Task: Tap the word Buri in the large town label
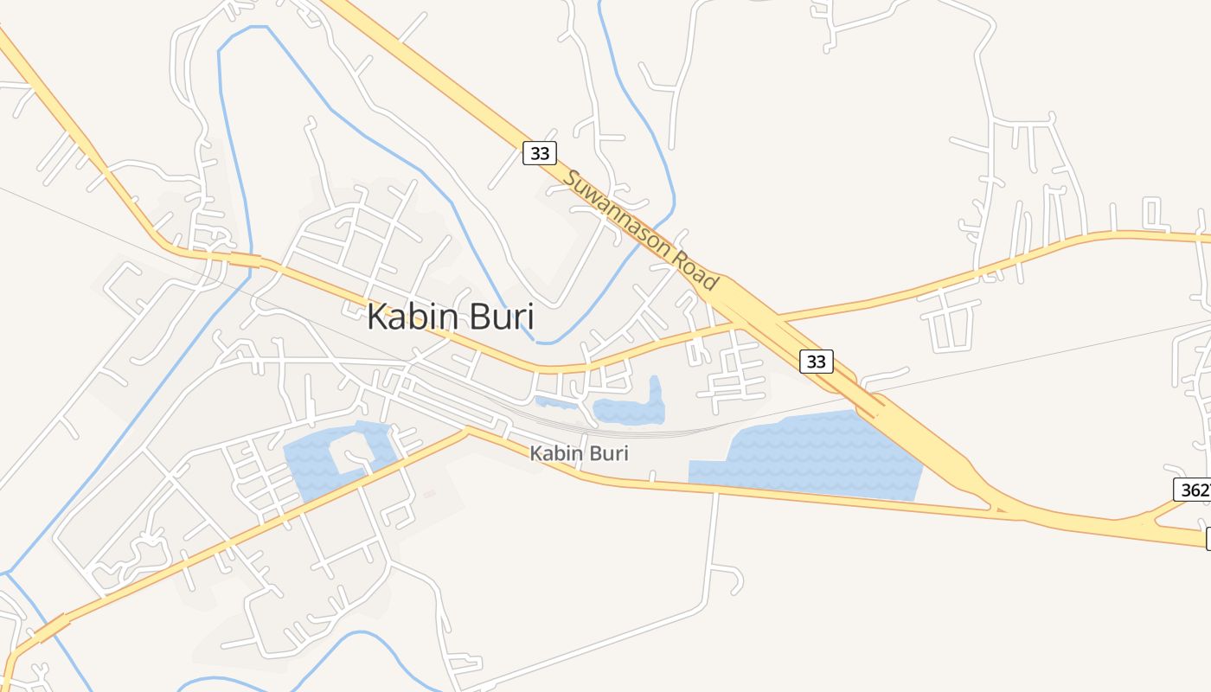503,317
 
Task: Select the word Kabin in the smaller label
554,453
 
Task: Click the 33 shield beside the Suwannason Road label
540,154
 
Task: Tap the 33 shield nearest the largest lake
816,361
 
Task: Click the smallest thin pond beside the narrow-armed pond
556,402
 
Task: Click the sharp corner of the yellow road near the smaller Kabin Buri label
467,430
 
